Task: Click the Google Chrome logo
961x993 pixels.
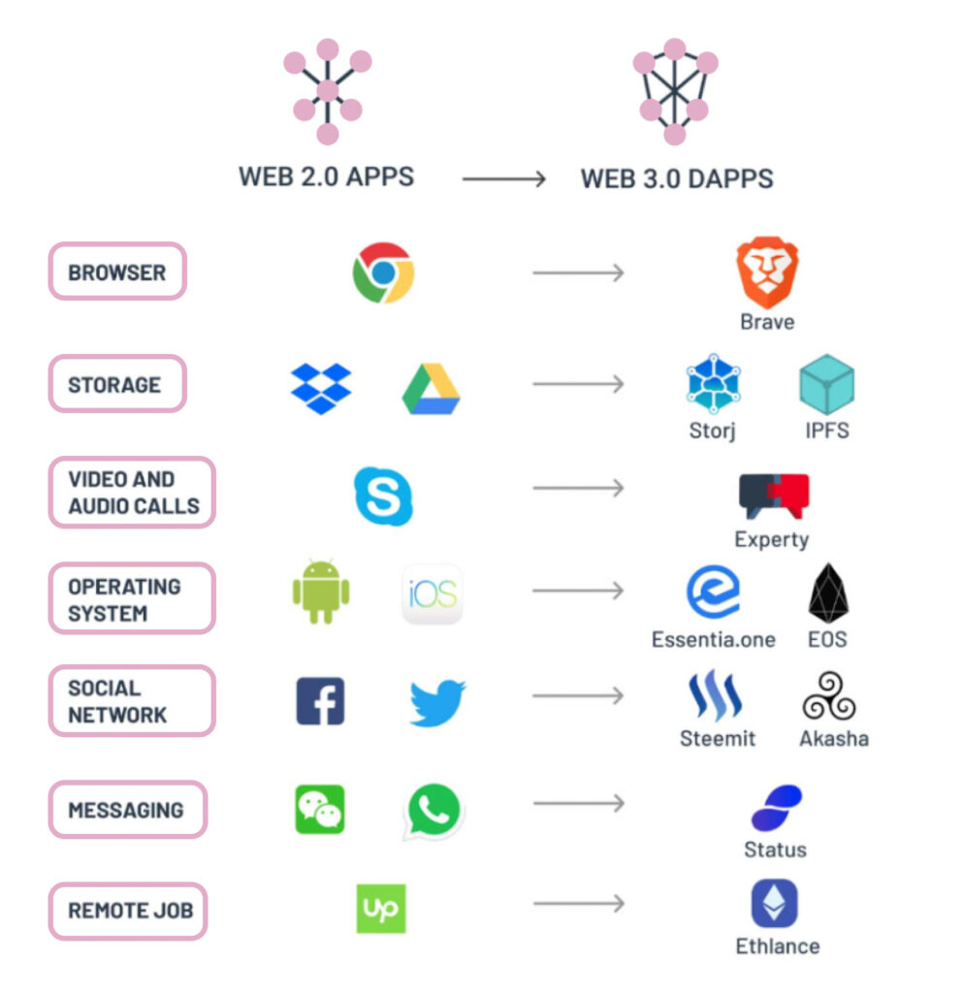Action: [383, 273]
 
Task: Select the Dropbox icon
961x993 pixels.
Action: [321, 387]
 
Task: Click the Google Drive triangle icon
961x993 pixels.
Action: [431, 390]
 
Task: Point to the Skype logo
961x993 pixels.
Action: [383, 496]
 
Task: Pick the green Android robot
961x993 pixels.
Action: [321, 592]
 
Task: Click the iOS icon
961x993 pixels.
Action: [432, 593]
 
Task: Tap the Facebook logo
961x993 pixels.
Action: [320, 701]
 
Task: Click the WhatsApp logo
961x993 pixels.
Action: [432, 811]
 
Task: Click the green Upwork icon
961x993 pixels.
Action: [381, 909]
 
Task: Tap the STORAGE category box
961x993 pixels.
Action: [116, 384]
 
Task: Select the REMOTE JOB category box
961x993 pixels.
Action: [128, 911]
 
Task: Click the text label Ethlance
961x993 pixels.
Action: [777, 945]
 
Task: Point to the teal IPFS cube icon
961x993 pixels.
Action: [827, 385]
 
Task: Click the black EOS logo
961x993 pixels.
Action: [828, 593]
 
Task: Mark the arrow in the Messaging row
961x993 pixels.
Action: [579, 803]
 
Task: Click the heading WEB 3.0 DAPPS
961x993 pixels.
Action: [677, 179]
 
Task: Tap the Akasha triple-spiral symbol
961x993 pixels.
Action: [830, 697]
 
